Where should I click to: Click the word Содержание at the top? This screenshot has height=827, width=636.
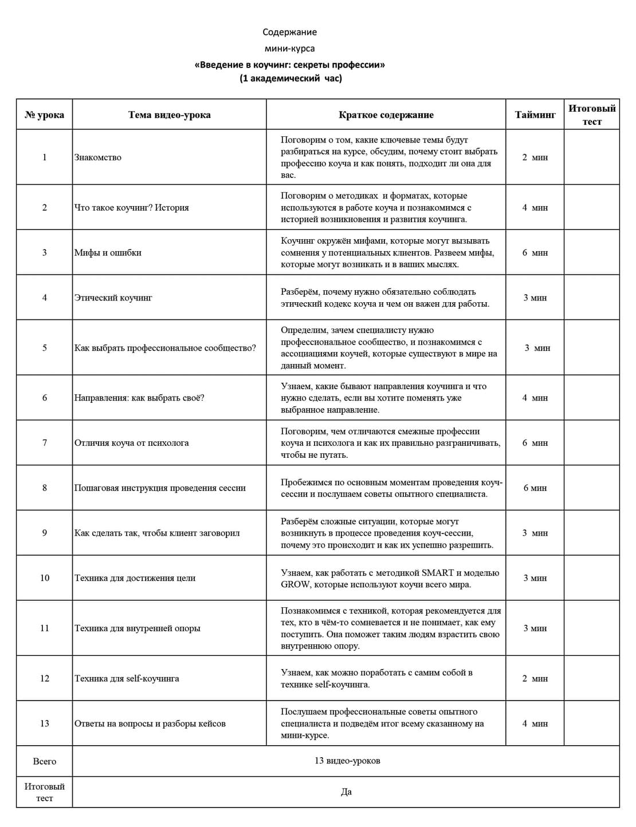(289, 32)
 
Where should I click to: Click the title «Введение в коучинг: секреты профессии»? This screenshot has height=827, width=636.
(289, 65)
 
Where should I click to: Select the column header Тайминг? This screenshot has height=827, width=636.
(535, 114)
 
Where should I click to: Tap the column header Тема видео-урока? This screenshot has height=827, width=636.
(169, 114)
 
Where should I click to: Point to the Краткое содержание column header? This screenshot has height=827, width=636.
(386, 114)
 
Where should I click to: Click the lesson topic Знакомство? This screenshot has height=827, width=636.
(98, 157)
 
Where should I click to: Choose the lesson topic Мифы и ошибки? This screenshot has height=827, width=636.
(108, 252)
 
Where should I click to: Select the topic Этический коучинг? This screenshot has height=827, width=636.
(113, 298)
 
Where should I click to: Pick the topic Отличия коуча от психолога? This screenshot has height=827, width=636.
(131, 443)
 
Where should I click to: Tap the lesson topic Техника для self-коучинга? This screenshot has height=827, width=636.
(127, 679)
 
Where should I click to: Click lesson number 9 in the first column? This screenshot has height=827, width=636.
(45, 533)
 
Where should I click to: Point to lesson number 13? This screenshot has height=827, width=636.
(45, 723)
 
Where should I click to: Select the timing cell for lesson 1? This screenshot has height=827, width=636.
(535, 157)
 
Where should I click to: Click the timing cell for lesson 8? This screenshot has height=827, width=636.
(535, 488)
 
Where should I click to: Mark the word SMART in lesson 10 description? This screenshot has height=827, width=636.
(438, 572)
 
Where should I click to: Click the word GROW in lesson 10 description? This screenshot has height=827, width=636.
(295, 584)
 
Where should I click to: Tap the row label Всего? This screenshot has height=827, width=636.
(45, 761)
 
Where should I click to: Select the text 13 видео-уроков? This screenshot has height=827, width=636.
(347, 761)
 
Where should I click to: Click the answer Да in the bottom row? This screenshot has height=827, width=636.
(346, 792)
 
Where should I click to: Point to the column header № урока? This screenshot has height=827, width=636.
(45, 114)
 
